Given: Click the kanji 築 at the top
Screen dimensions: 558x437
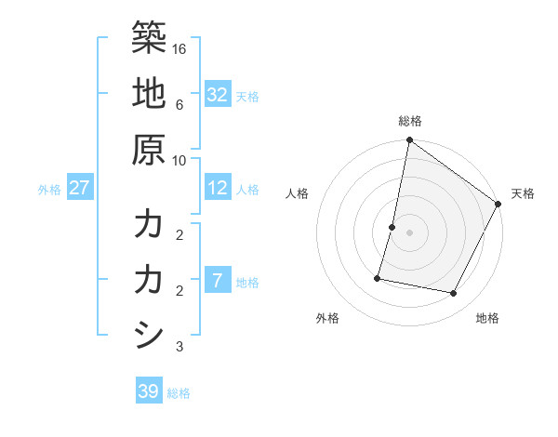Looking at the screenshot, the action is click(x=149, y=36).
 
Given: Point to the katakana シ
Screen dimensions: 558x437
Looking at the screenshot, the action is click(x=149, y=336).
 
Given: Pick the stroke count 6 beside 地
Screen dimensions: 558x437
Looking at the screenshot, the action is click(x=180, y=104).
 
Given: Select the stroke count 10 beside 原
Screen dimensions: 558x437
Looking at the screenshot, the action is click(x=180, y=160).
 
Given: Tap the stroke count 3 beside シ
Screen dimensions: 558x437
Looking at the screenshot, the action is click(x=180, y=347).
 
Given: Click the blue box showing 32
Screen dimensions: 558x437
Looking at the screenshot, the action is click(x=217, y=94).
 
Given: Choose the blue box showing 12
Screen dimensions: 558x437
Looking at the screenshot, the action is click(x=217, y=188).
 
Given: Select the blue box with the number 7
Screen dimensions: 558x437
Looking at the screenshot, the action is click(x=217, y=281).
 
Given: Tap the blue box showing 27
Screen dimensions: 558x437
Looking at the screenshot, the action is click(x=79, y=188).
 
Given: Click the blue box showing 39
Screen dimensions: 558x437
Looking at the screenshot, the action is click(x=149, y=391).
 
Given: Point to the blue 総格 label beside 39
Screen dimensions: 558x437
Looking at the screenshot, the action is click(x=179, y=393).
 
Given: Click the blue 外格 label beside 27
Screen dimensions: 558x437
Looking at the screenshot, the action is click(x=49, y=190).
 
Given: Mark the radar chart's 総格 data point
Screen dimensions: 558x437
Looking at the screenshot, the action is click(x=409, y=141).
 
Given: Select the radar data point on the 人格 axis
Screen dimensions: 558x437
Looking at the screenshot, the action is click(x=392, y=227).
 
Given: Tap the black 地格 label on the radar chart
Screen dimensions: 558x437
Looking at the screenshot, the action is click(x=487, y=319).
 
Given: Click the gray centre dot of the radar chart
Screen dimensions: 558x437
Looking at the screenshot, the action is click(x=409, y=232).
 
